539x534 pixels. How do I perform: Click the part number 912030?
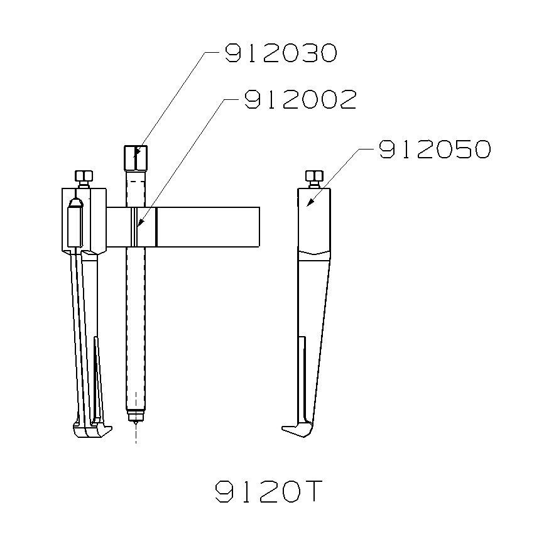[x=280, y=53]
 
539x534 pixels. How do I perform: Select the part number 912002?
[x=300, y=99]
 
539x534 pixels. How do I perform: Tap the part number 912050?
[x=433, y=150]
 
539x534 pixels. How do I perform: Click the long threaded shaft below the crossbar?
[x=135, y=327]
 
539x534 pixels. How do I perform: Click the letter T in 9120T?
[x=310, y=491]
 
